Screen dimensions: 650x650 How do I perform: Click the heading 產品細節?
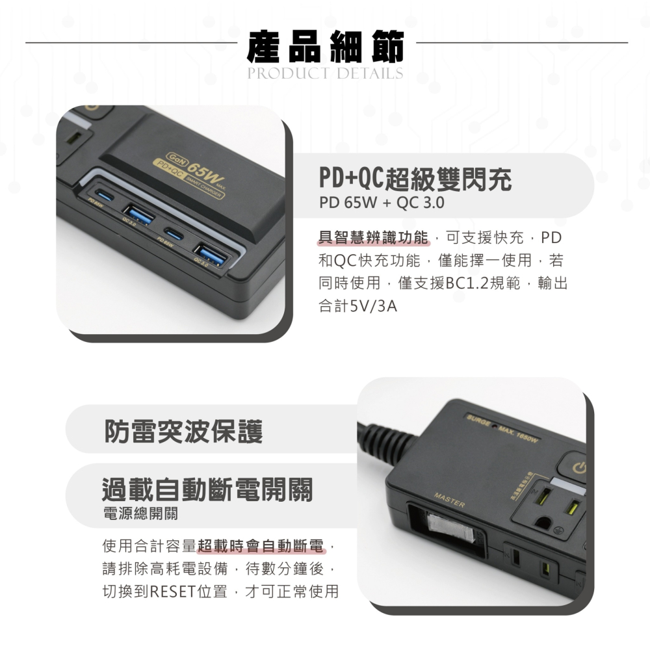click(x=325, y=46)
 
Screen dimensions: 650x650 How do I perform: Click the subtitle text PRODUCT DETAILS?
click(x=325, y=73)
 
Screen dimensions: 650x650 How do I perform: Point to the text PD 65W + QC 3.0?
click(x=381, y=203)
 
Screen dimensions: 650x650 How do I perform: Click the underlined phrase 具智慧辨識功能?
click(x=374, y=237)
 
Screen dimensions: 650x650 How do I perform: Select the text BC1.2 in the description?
click(x=471, y=283)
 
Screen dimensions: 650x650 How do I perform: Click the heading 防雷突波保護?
click(x=184, y=431)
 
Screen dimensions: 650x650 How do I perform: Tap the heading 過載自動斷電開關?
click(x=207, y=489)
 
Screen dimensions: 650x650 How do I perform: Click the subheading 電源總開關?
click(x=140, y=513)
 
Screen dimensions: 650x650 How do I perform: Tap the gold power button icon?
click(x=580, y=467)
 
